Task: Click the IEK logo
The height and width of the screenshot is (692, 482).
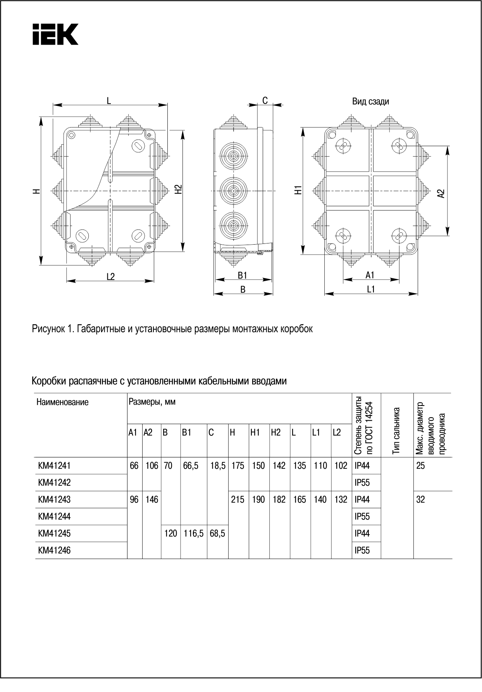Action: pyautogui.click(x=55, y=34)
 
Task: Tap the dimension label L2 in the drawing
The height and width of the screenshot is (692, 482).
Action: pyautogui.click(x=110, y=277)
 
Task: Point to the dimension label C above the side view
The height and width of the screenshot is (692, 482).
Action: pyautogui.click(x=265, y=101)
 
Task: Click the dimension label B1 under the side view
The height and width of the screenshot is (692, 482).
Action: pyautogui.click(x=243, y=276)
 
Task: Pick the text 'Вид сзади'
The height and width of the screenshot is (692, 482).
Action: pyautogui.click(x=370, y=102)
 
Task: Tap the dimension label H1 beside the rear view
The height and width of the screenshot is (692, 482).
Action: pyautogui.click(x=298, y=190)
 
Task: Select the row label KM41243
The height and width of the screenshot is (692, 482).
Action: pyautogui.click(x=54, y=500)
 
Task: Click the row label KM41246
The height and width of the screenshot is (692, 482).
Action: pyautogui.click(x=54, y=550)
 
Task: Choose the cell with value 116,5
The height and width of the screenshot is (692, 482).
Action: pyautogui.click(x=193, y=533)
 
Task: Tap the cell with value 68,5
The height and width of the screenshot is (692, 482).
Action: pyautogui.click(x=217, y=533)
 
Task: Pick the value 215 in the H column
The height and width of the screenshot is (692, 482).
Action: pyautogui.click(x=238, y=500)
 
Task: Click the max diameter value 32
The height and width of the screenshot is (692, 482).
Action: pyautogui.click(x=420, y=500)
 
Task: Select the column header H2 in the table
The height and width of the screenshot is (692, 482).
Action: pyautogui.click(x=275, y=433)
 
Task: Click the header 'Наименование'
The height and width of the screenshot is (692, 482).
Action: pyautogui.click(x=62, y=402)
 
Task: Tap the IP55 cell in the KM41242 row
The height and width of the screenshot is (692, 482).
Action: pyautogui.click(x=362, y=483)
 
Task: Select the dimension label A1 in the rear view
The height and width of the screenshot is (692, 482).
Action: pyautogui.click(x=370, y=275)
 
